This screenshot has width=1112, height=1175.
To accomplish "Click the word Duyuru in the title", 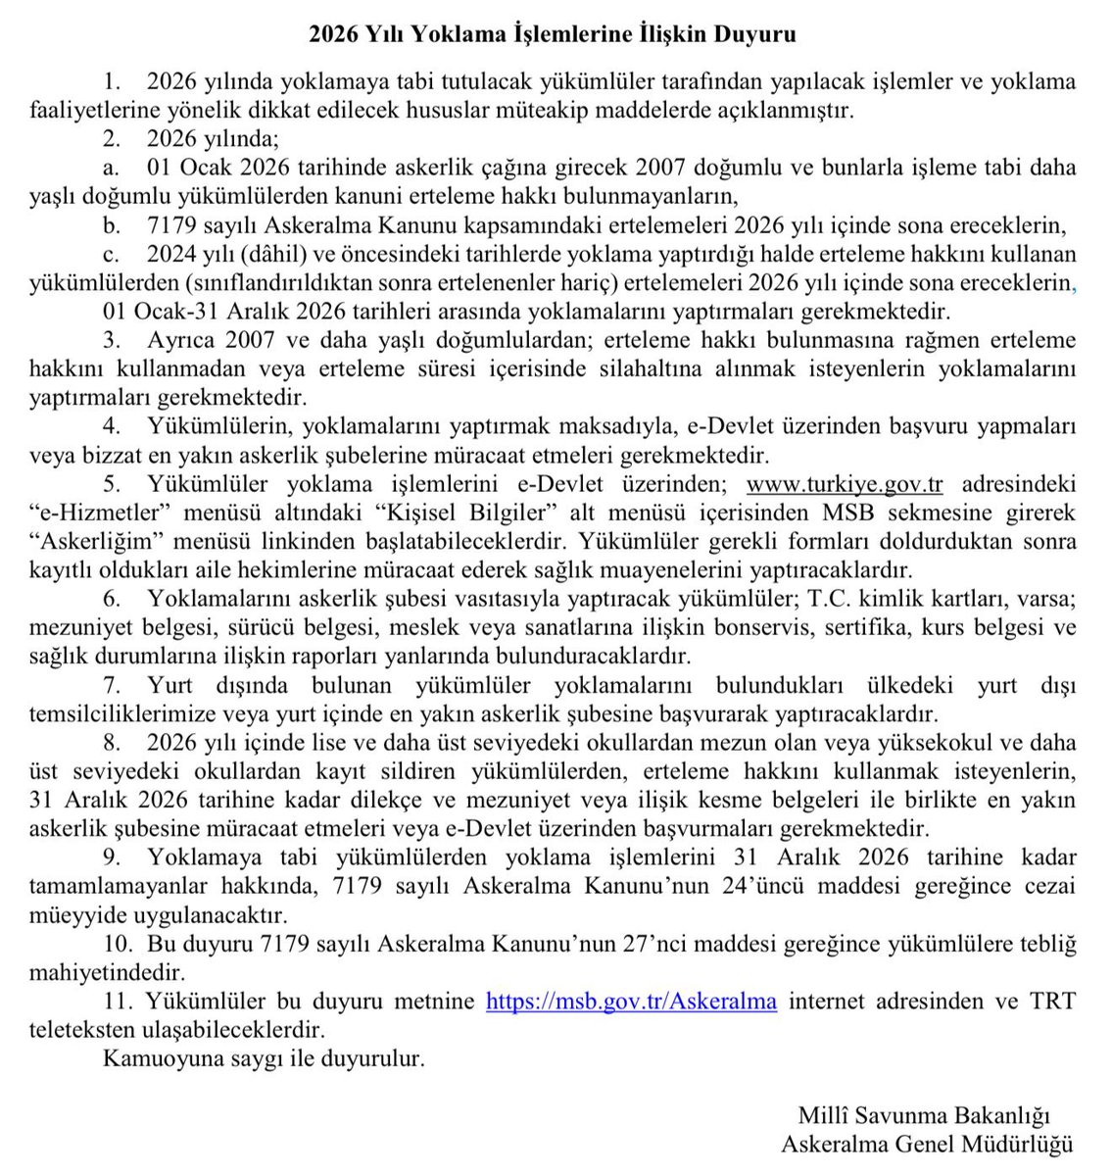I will click(756, 34).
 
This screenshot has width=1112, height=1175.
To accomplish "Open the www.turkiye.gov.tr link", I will click(844, 484).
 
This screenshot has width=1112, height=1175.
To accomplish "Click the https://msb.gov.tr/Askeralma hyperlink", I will click(631, 1001).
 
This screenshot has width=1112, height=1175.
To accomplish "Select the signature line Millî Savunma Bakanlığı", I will click(924, 1115).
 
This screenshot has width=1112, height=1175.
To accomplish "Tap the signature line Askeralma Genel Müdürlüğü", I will click(927, 1144).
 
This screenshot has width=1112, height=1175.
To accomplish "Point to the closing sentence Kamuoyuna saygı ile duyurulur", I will click(264, 1058).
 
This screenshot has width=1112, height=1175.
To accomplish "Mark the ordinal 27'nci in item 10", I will click(682, 944).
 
